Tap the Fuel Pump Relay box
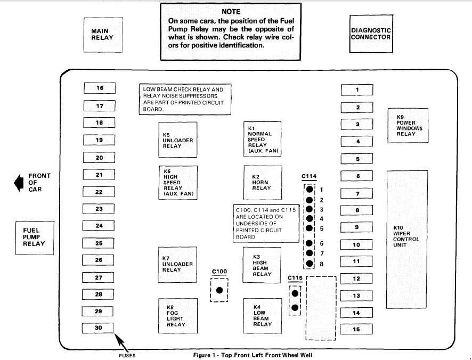[x=34, y=238]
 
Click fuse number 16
[x=99, y=88]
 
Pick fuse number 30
[x=98, y=328]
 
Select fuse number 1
[x=357, y=89]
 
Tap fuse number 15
[x=356, y=329]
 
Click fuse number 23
[x=99, y=209]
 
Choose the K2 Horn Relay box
[x=262, y=183]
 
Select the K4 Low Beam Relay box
[x=262, y=316]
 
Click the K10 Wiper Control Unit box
[x=408, y=239]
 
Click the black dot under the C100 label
[x=219, y=290]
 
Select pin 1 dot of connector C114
[x=309, y=190]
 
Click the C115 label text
[x=296, y=277]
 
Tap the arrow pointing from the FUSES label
[x=120, y=339]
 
